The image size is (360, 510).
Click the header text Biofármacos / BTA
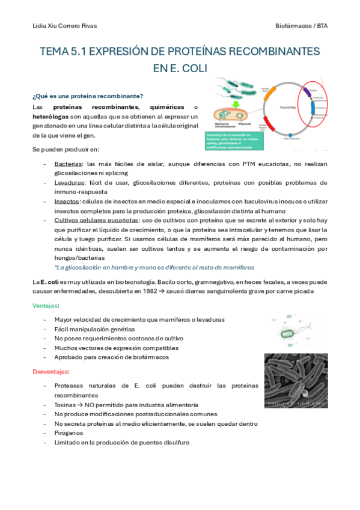click(301, 26)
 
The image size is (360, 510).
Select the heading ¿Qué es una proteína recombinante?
click(87, 96)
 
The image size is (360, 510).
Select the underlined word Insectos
click(67, 201)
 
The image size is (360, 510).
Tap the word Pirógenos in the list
click(69, 432)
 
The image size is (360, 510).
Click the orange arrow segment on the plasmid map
click(269, 96)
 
